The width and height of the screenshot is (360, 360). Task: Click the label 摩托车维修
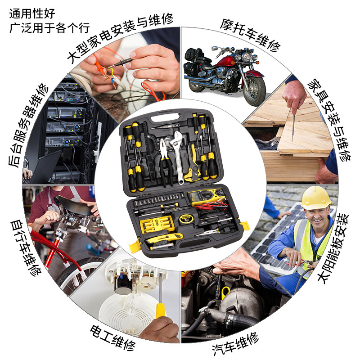click(250, 35)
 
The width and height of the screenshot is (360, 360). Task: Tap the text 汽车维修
click(235, 344)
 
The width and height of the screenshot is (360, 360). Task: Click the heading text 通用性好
click(32, 14)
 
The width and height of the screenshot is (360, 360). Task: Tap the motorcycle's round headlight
click(247, 57)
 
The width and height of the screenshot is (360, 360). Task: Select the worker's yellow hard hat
click(316, 198)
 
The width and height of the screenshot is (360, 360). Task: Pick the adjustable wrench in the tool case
click(177, 156)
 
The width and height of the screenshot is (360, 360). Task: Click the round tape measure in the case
click(185, 219)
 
